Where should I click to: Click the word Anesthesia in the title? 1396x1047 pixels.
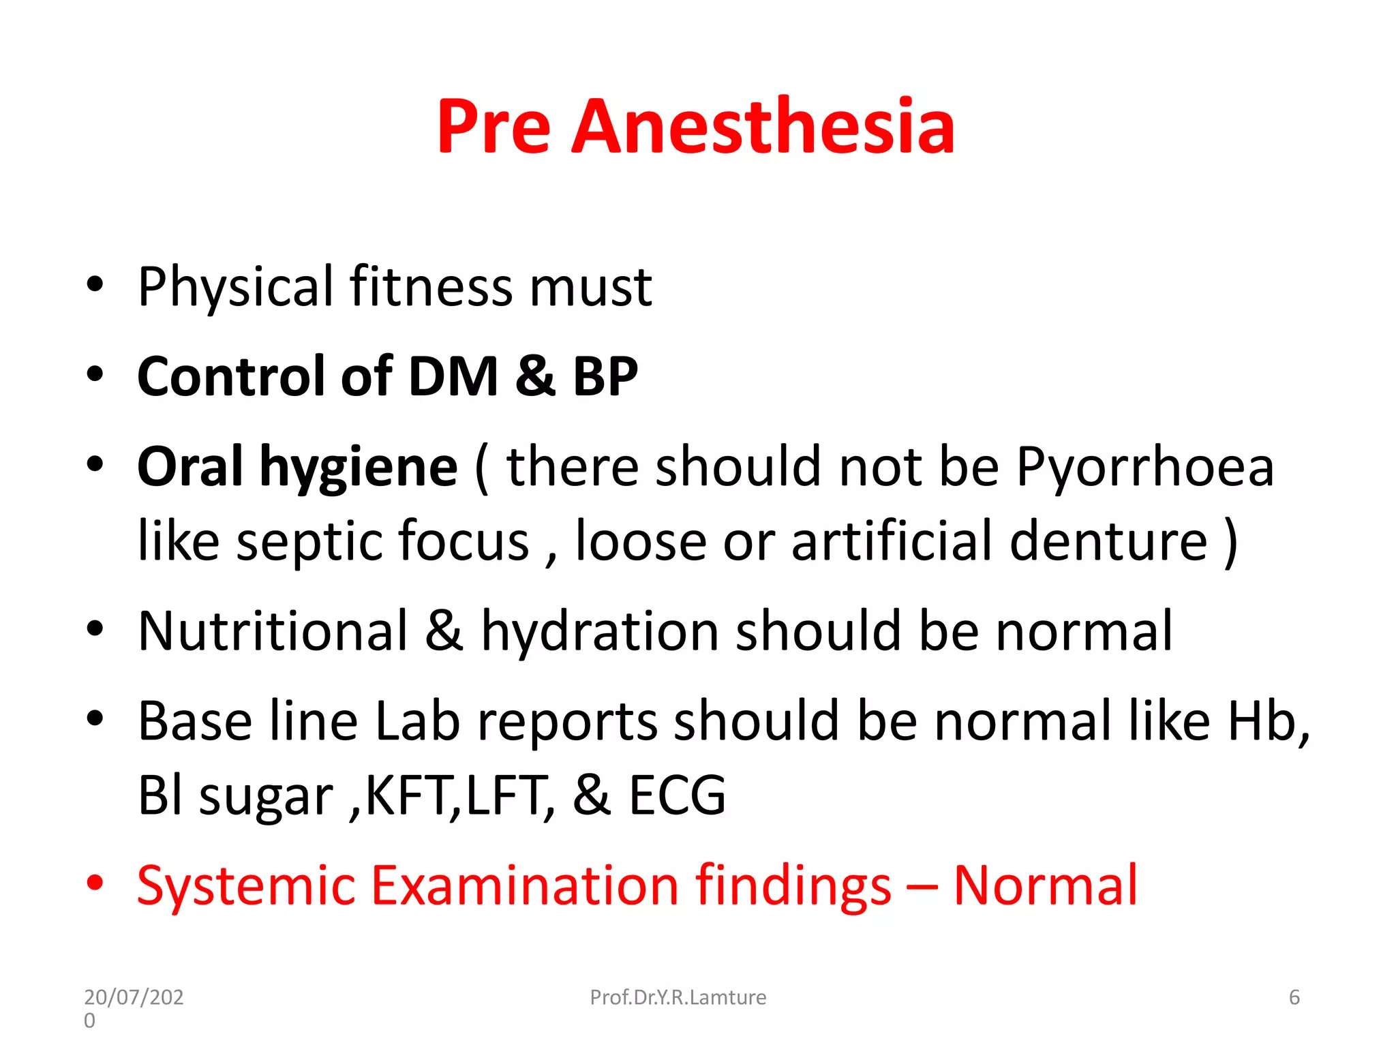click(x=762, y=127)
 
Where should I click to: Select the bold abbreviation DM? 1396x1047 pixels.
click(x=453, y=376)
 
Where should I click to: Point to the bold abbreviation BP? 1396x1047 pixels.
click(x=605, y=376)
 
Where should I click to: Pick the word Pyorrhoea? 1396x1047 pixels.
click(x=1144, y=468)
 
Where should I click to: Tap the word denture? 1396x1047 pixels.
click(x=1108, y=541)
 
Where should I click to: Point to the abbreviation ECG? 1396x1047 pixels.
click(x=676, y=795)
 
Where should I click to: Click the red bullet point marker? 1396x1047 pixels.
click(x=95, y=883)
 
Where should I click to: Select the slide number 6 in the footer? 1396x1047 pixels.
click(x=1294, y=997)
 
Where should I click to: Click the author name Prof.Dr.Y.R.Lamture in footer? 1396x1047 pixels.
click(x=678, y=997)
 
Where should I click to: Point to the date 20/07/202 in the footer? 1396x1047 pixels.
click(x=134, y=997)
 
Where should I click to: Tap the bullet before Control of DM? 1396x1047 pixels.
click(x=95, y=374)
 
